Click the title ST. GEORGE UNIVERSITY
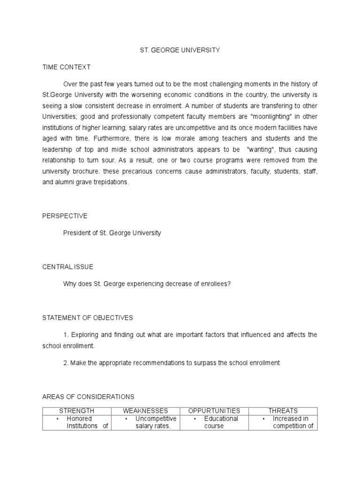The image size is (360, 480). pos(180,50)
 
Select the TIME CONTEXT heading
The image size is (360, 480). pos(66,67)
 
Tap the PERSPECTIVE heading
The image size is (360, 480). pos(65,216)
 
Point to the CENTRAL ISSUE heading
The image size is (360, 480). pos(67,267)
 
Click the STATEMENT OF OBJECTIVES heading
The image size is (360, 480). pos(88,318)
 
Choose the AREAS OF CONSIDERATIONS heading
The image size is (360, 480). pos(88,397)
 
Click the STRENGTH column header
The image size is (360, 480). pos(76,411)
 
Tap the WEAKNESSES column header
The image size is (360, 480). pos(145,411)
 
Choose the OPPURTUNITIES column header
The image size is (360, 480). pos(214,411)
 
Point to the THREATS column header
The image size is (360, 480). pos(283,411)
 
